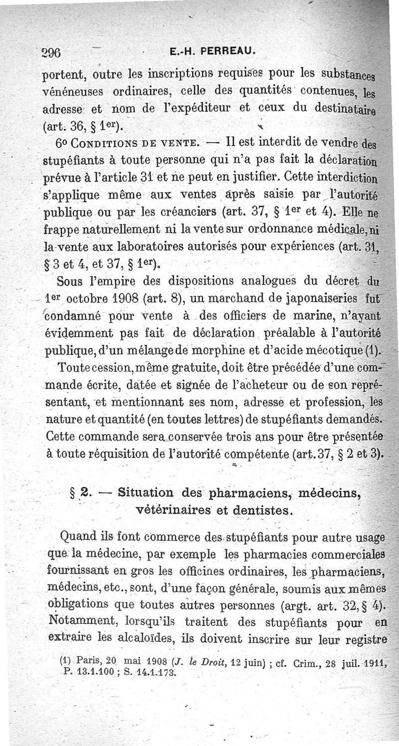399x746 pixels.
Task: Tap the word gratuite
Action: click(x=176, y=369)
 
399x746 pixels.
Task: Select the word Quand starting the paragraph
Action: click(x=75, y=537)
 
